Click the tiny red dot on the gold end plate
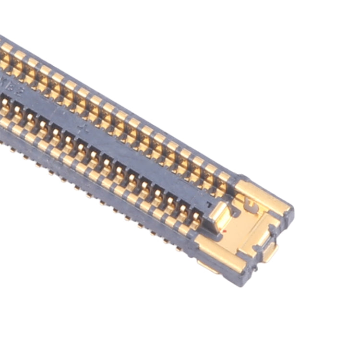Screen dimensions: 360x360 [x=225, y=231]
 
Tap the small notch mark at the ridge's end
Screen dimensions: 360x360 [x=207, y=204]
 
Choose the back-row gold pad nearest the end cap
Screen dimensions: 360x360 [x=224, y=177]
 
